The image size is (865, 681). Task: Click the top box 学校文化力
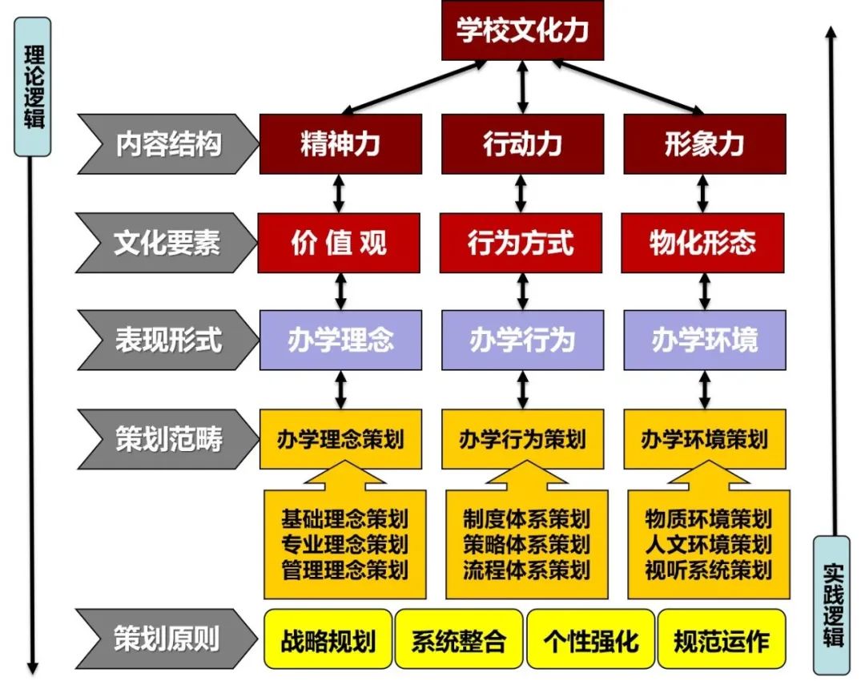[x=522, y=31]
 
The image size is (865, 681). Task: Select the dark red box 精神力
[x=340, y=144]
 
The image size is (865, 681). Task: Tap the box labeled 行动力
[x=522, y=144]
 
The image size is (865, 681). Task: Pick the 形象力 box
[x=704, y=144]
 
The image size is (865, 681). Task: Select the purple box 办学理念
[x=340, y=340]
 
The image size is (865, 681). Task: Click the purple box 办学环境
[x=704, y=340]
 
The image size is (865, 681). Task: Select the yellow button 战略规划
[x=328, y=640]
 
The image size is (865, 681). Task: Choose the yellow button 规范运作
[x=722, y=640]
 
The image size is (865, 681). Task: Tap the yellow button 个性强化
[x=591, y=640]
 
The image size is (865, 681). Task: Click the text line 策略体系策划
[x=526, y=544]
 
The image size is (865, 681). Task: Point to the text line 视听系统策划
[x=708, y=570]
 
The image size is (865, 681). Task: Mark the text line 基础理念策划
[x=344, y=518]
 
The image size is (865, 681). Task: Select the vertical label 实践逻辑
[x=832, y=605]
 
